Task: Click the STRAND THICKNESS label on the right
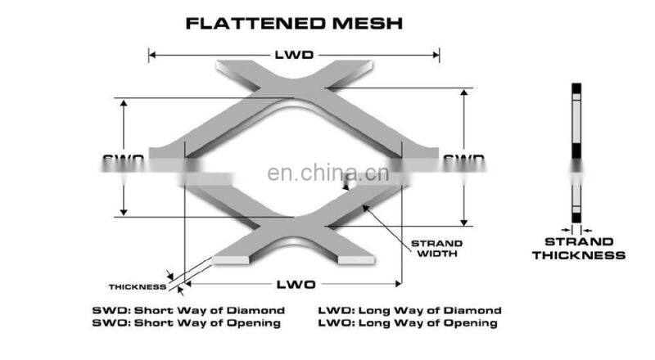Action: point(578,249)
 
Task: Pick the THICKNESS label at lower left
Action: point(137,286)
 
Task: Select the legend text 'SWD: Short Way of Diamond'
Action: point(188,311)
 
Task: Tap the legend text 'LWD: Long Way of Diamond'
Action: point(409,311)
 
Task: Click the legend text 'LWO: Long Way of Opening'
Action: point(407,323)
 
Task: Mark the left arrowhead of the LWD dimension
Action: point(152,56)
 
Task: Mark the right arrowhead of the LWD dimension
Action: point(436,56)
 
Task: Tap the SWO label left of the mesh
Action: point(124,158)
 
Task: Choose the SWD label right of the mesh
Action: point(463,158)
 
